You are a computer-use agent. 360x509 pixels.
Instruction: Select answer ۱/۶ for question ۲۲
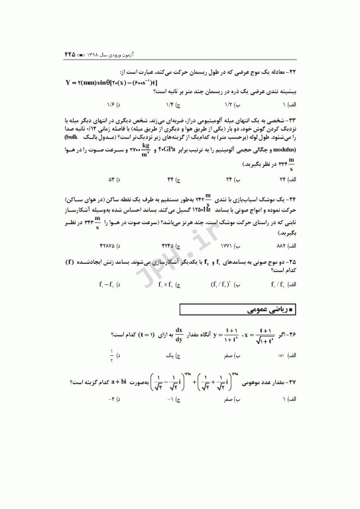point(109,105)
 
